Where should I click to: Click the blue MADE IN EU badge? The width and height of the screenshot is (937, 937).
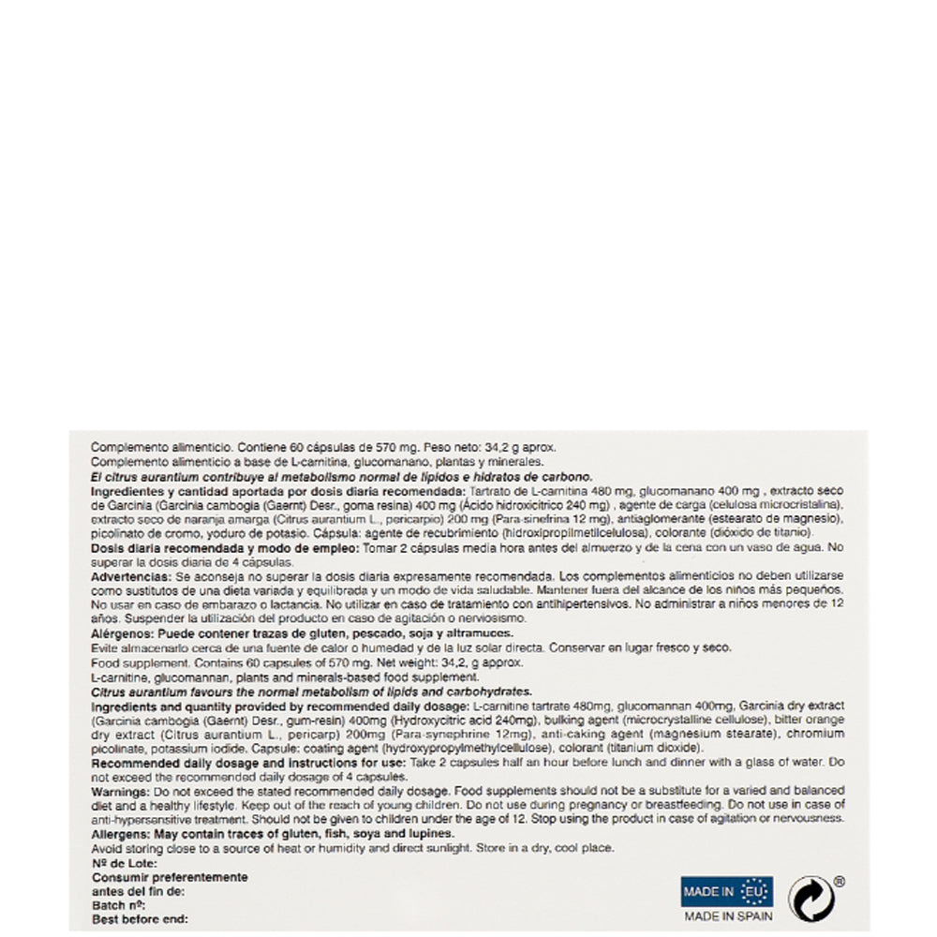727,890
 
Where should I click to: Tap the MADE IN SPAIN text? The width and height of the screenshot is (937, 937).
728,915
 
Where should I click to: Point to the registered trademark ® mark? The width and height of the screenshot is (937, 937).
840,882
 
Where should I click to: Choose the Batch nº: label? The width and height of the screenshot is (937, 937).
118,906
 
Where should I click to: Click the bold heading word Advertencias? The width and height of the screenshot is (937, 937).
131,577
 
